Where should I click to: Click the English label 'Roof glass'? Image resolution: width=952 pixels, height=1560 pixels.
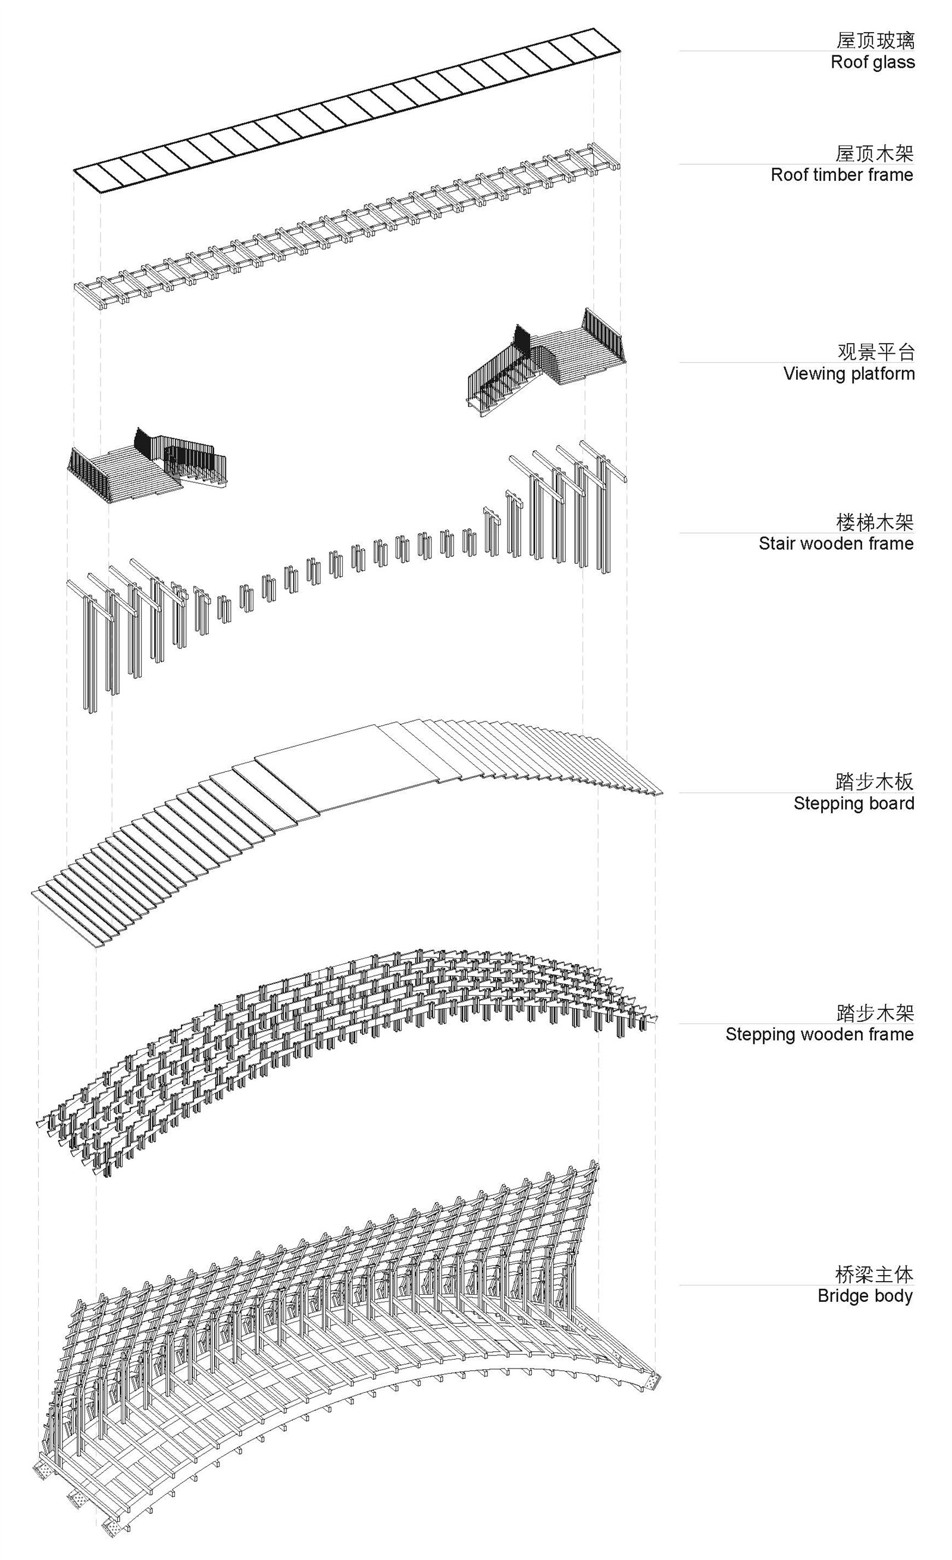872,62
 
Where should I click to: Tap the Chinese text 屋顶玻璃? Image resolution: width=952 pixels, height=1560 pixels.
875,40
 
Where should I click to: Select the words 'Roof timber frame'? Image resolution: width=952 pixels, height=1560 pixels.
842,175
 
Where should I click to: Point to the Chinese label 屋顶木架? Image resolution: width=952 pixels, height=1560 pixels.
874,153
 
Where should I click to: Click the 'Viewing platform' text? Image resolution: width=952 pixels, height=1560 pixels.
848,373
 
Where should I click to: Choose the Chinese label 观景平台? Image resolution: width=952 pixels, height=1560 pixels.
875,351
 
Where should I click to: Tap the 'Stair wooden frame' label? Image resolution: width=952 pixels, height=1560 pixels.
835,543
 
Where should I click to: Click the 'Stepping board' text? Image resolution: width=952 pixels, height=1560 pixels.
853,803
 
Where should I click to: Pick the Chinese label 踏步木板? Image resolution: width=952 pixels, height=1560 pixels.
874,782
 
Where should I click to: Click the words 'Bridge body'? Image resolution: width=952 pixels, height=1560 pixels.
865,1296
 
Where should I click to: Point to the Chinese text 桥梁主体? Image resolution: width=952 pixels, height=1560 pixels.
874,1274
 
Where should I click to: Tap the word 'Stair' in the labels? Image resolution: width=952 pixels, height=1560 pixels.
778,543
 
